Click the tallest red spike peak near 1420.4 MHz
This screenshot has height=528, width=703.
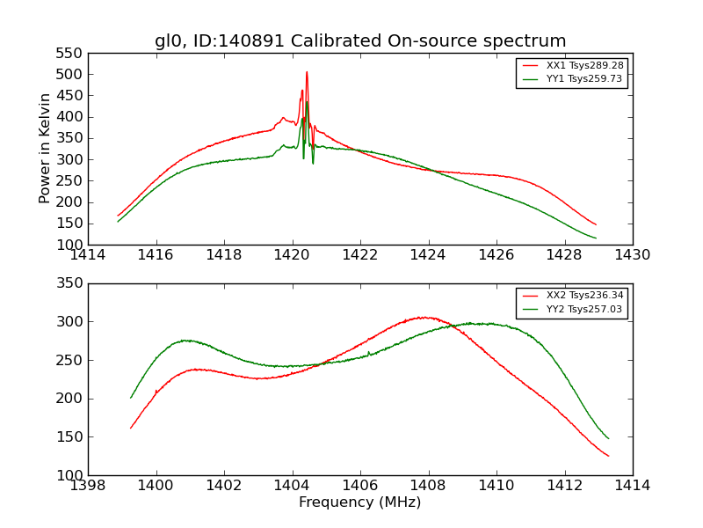[x=307, y=72]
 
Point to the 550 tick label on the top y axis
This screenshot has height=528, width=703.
[x=69, y=53]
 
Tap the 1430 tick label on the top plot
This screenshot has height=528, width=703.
[x=632, y=255]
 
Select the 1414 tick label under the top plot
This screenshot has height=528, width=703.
[x=89, y=255]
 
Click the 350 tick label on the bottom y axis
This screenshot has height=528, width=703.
[x=69, y=283]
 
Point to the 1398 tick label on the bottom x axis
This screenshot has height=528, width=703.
[x=89, y=486]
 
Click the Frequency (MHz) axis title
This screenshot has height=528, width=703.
[x=360, y=502]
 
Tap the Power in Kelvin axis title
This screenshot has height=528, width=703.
[x=46, y=149]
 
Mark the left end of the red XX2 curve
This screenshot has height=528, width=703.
[x=131, y=428]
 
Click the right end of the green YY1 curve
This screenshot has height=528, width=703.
[x=596, y=238]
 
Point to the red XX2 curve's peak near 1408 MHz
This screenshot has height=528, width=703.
[x=425, y=317]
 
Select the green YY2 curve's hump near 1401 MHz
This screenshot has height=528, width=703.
[x=186, y=340]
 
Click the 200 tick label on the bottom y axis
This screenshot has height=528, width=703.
[x=69, y=399]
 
